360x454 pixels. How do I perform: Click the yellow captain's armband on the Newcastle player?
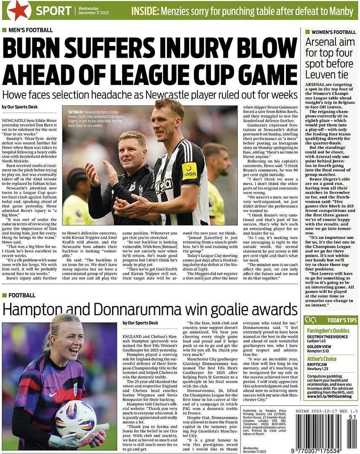coord(189,171)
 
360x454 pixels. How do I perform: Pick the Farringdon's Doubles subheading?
coord(328,331)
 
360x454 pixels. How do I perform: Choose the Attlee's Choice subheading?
coord(322,359)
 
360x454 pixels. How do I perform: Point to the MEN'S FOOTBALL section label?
coord(30,30)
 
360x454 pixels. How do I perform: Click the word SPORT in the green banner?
coord(53,11)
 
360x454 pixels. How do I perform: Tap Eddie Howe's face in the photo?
coord(132,148)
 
